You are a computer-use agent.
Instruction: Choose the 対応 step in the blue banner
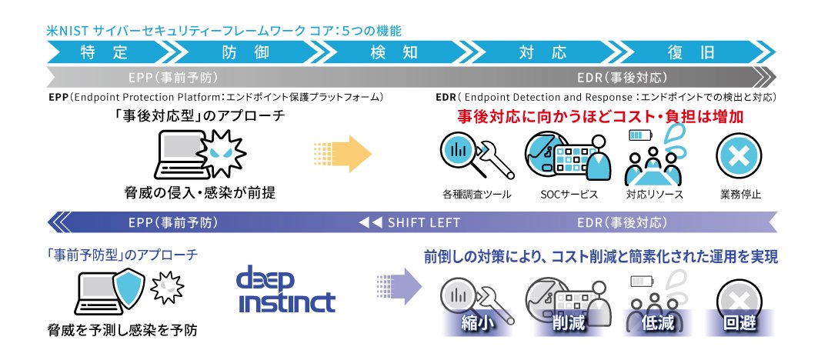point(542,52)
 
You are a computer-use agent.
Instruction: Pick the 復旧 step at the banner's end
point(696,52)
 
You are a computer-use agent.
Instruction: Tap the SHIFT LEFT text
point(412,223)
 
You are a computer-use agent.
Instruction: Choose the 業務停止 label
point(742,193)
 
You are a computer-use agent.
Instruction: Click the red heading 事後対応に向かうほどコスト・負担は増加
point(600,118)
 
